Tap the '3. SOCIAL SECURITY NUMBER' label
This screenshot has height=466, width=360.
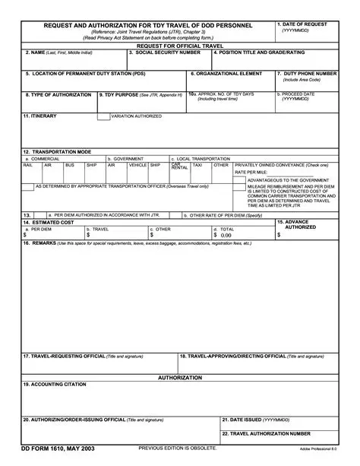164,52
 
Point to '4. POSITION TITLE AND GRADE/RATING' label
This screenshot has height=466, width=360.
259,52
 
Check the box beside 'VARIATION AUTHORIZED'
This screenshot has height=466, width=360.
103,118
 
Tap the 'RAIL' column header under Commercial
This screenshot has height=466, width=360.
27,164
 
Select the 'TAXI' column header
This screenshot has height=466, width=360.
197,164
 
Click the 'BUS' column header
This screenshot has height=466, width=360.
69,164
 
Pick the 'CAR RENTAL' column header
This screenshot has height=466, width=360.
176,165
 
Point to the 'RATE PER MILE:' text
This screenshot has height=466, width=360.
251,172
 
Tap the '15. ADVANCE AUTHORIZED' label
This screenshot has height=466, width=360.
300,224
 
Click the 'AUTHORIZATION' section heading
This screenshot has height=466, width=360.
180,377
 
